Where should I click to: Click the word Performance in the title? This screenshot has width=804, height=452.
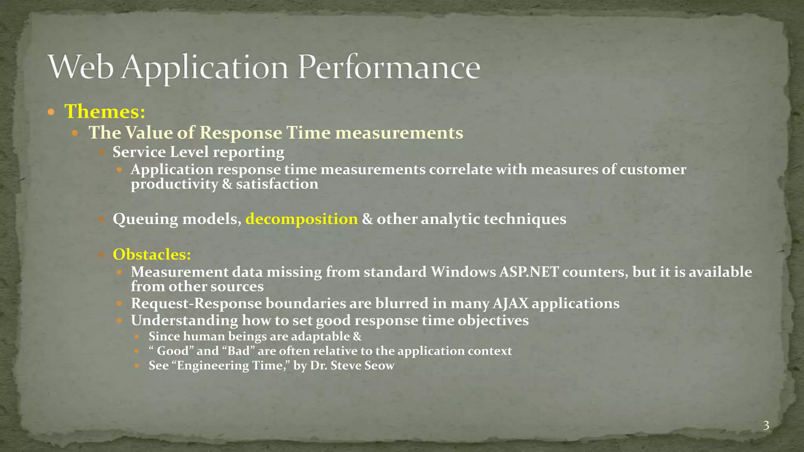coord(389,68)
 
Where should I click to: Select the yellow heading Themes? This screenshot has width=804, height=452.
coord(105,111)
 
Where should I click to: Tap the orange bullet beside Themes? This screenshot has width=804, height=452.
coord(51,112)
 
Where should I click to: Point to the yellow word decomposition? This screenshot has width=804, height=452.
coord(301,219)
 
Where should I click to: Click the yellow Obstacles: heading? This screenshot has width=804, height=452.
coord(152,255)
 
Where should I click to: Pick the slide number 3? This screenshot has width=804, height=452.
coord(766,425)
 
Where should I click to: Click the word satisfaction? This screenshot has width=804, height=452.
coord(277,184)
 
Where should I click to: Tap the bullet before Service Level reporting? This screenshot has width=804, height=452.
coord(101,152)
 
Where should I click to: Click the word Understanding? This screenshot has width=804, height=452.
coord(184,321)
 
